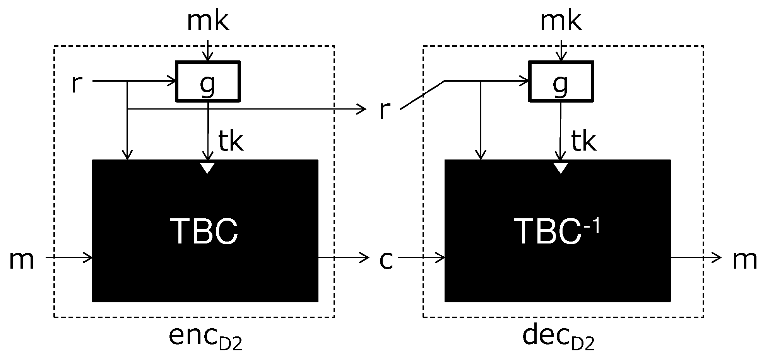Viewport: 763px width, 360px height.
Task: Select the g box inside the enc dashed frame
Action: [x=208, y=81]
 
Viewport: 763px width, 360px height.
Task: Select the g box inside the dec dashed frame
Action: [x=561, y=81]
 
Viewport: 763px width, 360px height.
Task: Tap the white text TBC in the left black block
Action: [x=204, y=231]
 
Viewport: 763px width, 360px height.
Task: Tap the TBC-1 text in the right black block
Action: [x=557, y=231]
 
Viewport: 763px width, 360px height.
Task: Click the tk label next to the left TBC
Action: [x=231, y=142]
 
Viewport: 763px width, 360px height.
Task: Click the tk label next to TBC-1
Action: [x=583, y=142]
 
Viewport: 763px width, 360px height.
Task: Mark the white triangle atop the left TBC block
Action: [x=207, y=168]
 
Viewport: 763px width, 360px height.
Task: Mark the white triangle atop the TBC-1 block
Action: [x=561, y=168]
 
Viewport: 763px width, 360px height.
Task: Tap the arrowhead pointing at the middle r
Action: [x=362, y=110]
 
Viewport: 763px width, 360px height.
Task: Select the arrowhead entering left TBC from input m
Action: [x=88, y=257]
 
